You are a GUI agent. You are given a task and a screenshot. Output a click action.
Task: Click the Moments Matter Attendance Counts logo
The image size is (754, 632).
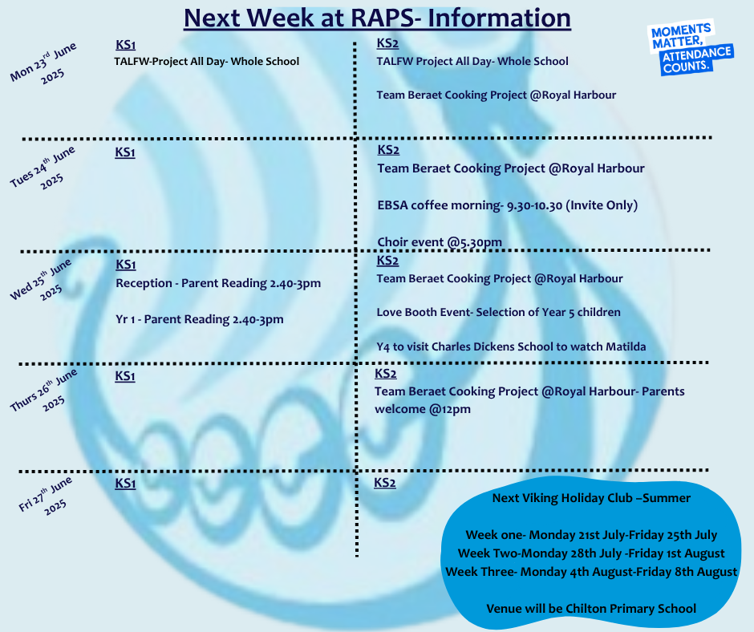690,47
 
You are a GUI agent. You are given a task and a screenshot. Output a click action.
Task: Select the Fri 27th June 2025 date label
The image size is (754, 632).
47,496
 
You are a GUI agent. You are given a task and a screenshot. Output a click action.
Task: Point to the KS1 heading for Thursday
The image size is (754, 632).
125,375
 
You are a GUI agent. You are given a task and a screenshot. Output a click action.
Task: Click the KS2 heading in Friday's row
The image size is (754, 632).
385,482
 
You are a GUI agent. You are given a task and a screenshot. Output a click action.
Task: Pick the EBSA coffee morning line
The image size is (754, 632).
507,205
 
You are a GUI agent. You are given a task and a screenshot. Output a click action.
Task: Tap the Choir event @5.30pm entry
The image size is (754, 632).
440,242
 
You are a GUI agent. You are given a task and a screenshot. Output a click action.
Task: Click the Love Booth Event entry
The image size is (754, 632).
499,312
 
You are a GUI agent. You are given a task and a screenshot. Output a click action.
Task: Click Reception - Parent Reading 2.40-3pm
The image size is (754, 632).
218,283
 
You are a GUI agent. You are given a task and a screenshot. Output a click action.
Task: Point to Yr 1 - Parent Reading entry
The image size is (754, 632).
200,319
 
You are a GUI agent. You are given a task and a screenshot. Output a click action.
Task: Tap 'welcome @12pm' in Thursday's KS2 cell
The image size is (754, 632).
423,409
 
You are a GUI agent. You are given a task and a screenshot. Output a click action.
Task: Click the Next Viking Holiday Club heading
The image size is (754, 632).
591,498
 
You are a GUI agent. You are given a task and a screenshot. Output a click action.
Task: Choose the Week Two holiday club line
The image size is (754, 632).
591,553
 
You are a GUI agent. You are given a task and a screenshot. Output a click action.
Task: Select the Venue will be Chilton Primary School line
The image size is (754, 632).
591,609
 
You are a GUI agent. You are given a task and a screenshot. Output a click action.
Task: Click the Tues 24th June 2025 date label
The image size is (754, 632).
43,168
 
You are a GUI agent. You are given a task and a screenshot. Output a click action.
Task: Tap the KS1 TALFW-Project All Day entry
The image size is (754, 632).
206,62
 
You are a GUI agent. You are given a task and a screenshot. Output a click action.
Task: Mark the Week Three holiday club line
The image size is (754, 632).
591,572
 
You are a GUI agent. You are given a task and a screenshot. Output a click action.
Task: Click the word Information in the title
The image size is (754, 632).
499,18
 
